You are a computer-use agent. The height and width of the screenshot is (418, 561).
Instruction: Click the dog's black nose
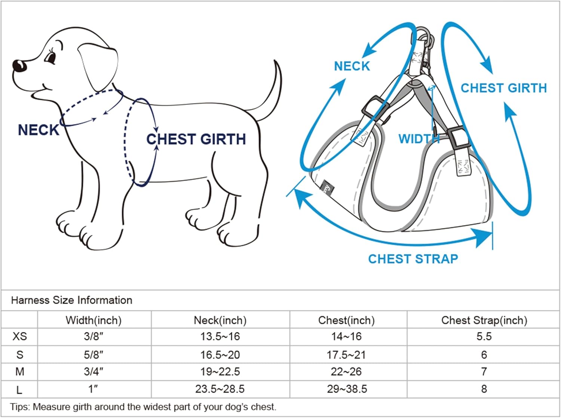point(19,66)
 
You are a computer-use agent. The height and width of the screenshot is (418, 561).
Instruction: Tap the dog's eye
point(50,58)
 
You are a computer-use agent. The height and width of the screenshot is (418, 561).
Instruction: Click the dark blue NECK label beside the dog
point(39,130)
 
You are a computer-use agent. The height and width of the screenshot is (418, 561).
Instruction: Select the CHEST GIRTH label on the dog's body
point(196,139)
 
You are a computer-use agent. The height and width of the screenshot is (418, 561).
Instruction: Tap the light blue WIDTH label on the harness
point(419,139)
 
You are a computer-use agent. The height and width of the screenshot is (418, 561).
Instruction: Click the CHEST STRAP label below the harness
point(413,259)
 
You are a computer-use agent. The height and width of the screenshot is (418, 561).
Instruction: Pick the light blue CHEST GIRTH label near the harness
point(503,88)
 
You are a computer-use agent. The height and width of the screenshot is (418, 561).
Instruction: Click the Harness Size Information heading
point(71,300)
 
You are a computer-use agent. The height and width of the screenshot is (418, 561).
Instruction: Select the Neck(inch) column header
point(220,320)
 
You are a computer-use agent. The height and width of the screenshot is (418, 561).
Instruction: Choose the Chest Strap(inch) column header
point(484,320)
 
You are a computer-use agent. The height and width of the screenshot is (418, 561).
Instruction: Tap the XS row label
point(19,336)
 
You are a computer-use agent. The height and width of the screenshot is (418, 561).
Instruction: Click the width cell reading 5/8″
point(93,354)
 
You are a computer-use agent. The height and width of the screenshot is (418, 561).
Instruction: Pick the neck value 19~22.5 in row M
point(220,372)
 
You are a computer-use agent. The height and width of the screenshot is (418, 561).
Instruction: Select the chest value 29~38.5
point(347,389)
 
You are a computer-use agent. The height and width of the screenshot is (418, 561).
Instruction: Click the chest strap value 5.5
point(484,336)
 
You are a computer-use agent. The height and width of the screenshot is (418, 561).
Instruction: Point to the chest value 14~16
point(346,336)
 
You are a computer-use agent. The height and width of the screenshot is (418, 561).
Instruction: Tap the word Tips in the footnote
point(19,407)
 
